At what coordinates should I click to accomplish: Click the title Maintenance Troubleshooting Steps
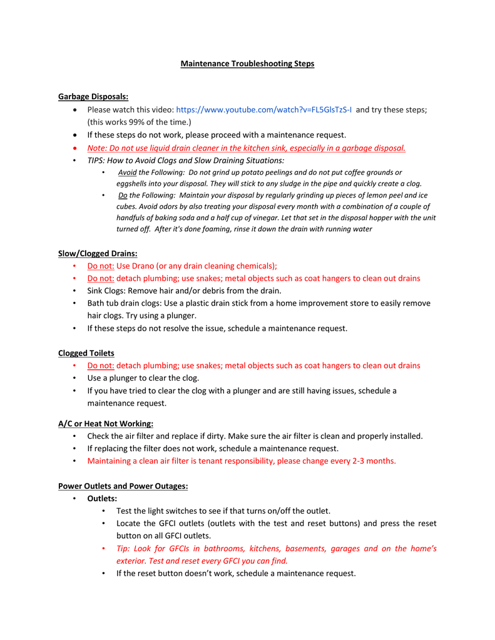point(247,64)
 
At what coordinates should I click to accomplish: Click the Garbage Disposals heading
point(93,96)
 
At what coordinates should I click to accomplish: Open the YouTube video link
point(263,109)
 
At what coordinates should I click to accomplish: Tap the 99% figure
point(141,122)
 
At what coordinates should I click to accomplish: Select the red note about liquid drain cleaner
point(247,148)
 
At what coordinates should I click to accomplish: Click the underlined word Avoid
point(127,172)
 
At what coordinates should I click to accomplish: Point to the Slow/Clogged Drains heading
point(98,253)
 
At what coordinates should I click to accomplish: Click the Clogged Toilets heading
point(86,353)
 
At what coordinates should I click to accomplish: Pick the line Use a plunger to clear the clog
point(143,378)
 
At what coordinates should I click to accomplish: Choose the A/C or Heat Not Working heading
point(106,424)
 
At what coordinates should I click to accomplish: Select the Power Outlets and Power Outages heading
point(123,486)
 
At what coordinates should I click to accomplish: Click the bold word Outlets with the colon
point(102,499)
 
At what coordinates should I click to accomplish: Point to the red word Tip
point(123,549)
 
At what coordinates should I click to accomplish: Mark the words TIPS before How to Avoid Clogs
point(96,161)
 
